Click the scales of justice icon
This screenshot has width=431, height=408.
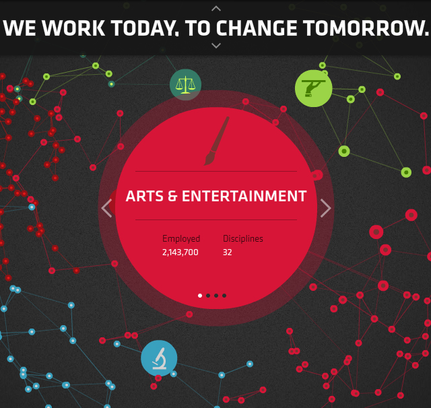[x=186, y=85]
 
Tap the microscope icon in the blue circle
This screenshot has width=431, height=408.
[x=160, y=358]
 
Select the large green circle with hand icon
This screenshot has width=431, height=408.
[x=313, y=88]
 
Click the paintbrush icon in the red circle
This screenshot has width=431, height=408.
[x=217, y=141]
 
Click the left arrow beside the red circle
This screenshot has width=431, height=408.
[x=106, y=208]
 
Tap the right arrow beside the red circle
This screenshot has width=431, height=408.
[x=326, y=208]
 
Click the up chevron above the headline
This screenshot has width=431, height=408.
[x=216, y=9]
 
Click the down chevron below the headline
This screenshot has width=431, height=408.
[x=216, y=46]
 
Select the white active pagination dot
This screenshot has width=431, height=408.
[x=200, y=296]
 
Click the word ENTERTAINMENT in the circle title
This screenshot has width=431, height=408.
[x=244, y=196]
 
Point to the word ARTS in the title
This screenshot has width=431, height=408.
[x=145, y=196]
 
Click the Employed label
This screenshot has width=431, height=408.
[x=181, y=238]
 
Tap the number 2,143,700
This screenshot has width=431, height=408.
[x=180, y=252]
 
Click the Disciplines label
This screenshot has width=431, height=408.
[x=243, y=238]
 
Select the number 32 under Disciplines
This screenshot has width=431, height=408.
[x=228, y=252]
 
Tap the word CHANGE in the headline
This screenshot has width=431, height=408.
[x=257, y=28]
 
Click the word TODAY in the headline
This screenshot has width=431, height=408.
[x=145, y=28]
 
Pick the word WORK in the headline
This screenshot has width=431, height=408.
[x=73, y=28]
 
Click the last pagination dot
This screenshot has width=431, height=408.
[x=224, y=296]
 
